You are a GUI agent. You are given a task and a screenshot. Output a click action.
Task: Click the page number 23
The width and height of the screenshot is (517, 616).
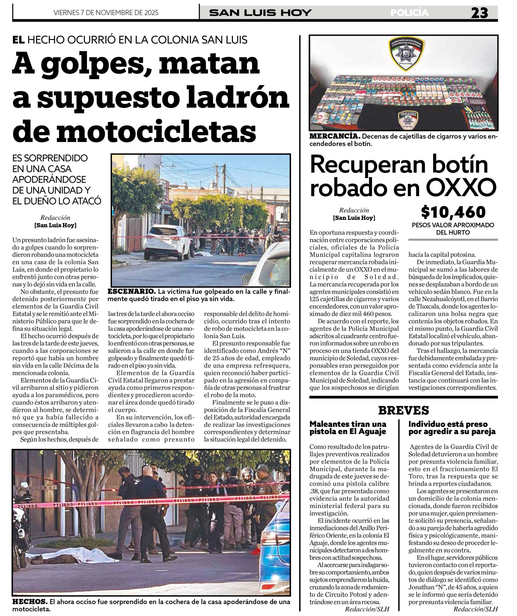coord(479,13)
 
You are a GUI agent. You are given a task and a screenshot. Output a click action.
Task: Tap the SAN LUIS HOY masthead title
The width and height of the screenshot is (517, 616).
coord(260,13)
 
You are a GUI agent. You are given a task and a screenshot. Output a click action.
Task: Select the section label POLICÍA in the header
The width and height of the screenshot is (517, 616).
coord(409,13)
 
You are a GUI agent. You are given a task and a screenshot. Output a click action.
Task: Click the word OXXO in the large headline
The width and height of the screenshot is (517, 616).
coord(461,187)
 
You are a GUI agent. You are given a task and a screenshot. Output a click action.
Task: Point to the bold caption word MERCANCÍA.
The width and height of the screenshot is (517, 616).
coord(335,136)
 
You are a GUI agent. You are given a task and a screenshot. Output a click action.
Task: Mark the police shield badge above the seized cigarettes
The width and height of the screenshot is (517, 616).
coord(406,55)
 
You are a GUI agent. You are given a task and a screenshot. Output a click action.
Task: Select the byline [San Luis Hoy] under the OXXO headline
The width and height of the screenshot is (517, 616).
coord(354,218)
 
